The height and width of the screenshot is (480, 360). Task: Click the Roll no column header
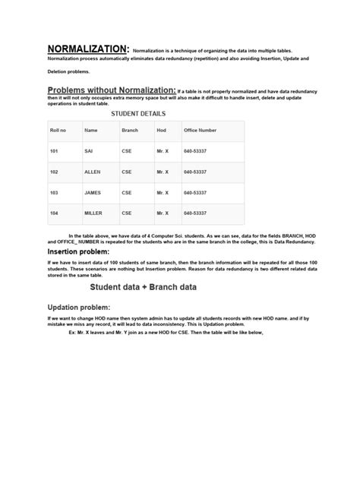click(58, 131)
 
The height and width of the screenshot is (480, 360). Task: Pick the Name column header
click(91, 131)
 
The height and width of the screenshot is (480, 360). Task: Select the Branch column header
click(130, 131)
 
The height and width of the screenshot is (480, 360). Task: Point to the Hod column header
click(161, 131)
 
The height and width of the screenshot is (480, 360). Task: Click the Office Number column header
click(201, 131)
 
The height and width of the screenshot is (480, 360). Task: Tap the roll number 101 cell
click(54, 152)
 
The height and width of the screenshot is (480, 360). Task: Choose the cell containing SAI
click(89, 152)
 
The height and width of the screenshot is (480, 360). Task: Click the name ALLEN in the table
click(92, 172)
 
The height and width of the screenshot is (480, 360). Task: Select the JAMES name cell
click(93, 193)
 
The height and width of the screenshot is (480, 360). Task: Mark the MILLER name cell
click(93, 213)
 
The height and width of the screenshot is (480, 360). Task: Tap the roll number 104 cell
click(54, 213)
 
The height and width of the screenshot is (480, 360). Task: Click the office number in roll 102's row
click(196, 172)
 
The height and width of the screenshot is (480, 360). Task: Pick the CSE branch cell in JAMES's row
click(127, 193)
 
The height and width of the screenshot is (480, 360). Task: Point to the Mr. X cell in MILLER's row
click(162, 213)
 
